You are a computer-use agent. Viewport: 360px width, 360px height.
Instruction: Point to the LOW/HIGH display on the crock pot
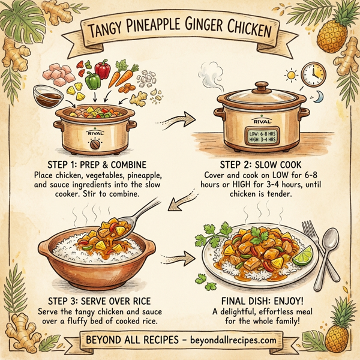[261, 136]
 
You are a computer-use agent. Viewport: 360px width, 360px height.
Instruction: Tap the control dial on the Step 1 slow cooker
[94, 145]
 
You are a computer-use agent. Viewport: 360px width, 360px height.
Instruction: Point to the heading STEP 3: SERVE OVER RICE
[95, 301]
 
